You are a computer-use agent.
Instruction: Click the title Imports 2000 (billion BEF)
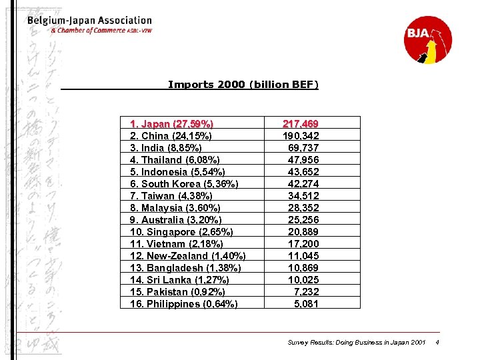tap(243, 85)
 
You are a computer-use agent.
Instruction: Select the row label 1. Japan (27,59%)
tap(172, 124)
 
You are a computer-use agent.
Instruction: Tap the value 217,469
tap(300, 124)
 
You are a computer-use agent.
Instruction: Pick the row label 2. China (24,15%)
tap(171, 136)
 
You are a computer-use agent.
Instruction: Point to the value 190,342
tap(300, 136)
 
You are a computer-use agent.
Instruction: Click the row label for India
tap(166, 148)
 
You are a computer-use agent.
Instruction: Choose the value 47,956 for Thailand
tap(303, 160)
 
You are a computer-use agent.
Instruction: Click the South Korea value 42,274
tap(303, 184)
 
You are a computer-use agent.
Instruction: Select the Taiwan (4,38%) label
tap(171, 196)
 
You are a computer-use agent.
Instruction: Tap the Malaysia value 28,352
tap(303, 208)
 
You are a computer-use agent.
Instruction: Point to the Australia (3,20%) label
tap(175, 220)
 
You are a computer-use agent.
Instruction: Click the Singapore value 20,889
tap(303, 232)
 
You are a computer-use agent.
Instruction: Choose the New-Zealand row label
tap(187, 256)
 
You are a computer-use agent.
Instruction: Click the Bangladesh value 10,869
tap(303, 268)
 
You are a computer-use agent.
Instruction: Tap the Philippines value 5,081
tap(306, 304)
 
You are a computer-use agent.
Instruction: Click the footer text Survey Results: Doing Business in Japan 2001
tap(356, 343)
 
